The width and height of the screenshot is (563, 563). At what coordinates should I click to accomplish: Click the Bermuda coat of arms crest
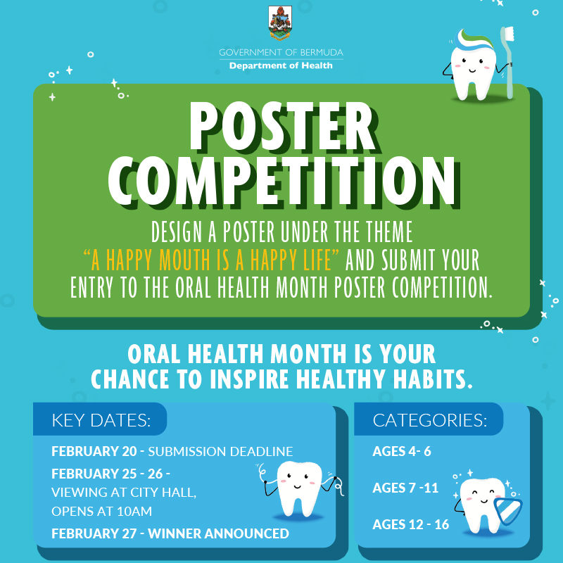tap(280, 23)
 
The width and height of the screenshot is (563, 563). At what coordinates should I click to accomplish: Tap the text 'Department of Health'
tap(281, 65)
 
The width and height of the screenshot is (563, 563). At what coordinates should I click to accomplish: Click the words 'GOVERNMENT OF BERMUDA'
tap(281, 52)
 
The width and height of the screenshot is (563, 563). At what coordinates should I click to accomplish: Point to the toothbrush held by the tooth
tap(507, 63)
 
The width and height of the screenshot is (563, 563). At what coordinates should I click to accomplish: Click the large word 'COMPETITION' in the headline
tap(284, 182)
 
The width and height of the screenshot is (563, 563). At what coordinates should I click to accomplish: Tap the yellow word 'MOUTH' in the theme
tap(184, 260)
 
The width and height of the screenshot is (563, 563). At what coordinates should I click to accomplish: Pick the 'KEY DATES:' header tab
tap(101, 420)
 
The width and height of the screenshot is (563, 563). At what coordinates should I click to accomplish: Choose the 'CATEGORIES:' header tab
tap(429, 420)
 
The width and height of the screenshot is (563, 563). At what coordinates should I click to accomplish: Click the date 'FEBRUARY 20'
tap(94, 451)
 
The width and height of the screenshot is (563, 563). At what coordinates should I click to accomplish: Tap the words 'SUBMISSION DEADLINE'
tap(220, 451)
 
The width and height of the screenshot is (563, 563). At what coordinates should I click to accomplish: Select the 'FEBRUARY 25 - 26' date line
tap(110, 474)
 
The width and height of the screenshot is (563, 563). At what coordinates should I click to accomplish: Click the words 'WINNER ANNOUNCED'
tap(218, 533)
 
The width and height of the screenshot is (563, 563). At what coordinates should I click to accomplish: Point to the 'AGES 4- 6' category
tap(402, 451)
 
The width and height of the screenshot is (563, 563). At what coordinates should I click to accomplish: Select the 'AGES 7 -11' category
tap(405, 488)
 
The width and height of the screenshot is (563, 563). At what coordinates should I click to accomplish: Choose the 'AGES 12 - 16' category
tap(411, 524)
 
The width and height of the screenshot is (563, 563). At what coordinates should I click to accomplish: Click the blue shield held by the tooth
tap(508, 511)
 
